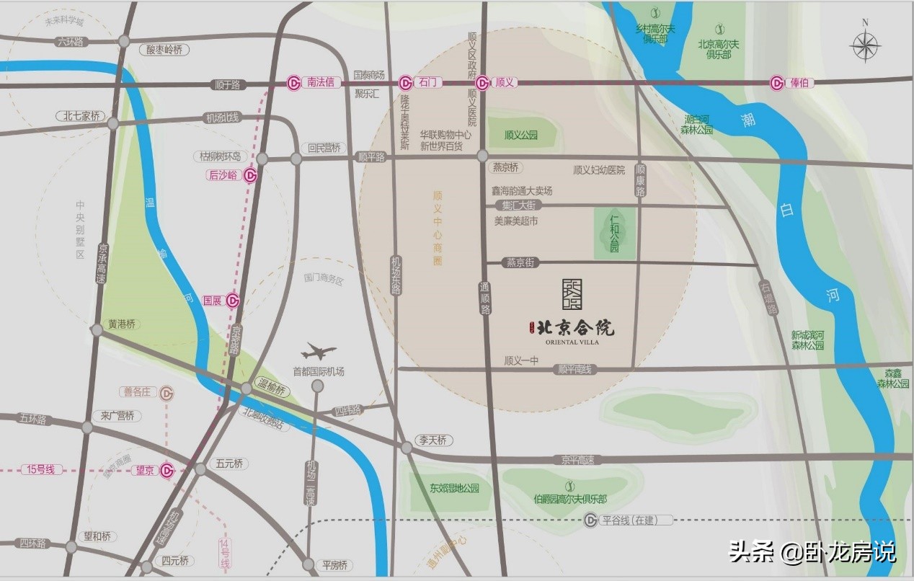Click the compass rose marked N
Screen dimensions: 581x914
pyautogui.click(x=865, y=47)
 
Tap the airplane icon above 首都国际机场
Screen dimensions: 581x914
pyautogui.click(x=319, y=352)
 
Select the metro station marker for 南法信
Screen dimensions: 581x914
pyautogui.click(x=294, y=83)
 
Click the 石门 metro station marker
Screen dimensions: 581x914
pyautogui.click(x=406, y=83)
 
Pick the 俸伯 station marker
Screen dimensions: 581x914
pyautogui.click(x=777, y=83)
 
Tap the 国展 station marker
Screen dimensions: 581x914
pyautogui.click(x=233, y=301)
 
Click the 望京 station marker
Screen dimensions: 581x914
pyautogui.click(x=167, y=471)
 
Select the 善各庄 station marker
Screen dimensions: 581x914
pyautogui.click(x=167, y=393)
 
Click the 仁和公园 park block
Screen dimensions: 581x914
pyautogui.click(x=615, y=233)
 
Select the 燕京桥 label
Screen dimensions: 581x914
pyautogui.click(x=505, y=167)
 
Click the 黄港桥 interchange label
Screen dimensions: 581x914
pyautogui.click(x=122, y=324)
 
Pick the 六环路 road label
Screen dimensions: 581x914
pyautogui.click(x=70, y=42)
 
